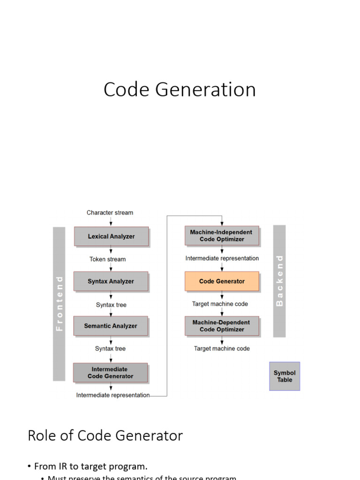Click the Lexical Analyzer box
click(111, 237)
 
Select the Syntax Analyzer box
click(111, 281)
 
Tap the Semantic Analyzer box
click(111, 326)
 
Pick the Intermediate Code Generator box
click(110, 373)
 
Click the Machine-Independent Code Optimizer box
click(222, 236)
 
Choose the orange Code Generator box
click(222, 281)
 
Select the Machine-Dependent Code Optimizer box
click(222, 326)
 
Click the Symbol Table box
click(285, 376)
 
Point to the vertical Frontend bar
click(59, 304)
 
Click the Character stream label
click(110, 213)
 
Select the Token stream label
click(108, 259)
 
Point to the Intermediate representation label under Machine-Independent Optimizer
click(222, 258)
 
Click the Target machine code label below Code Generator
click(220, 304)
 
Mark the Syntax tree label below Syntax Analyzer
click(111, 305)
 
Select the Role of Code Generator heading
click(105, 435)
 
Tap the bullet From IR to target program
click(91, 466)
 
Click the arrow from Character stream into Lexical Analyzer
click(111, 221)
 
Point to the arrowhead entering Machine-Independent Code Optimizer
click(222, 223)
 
